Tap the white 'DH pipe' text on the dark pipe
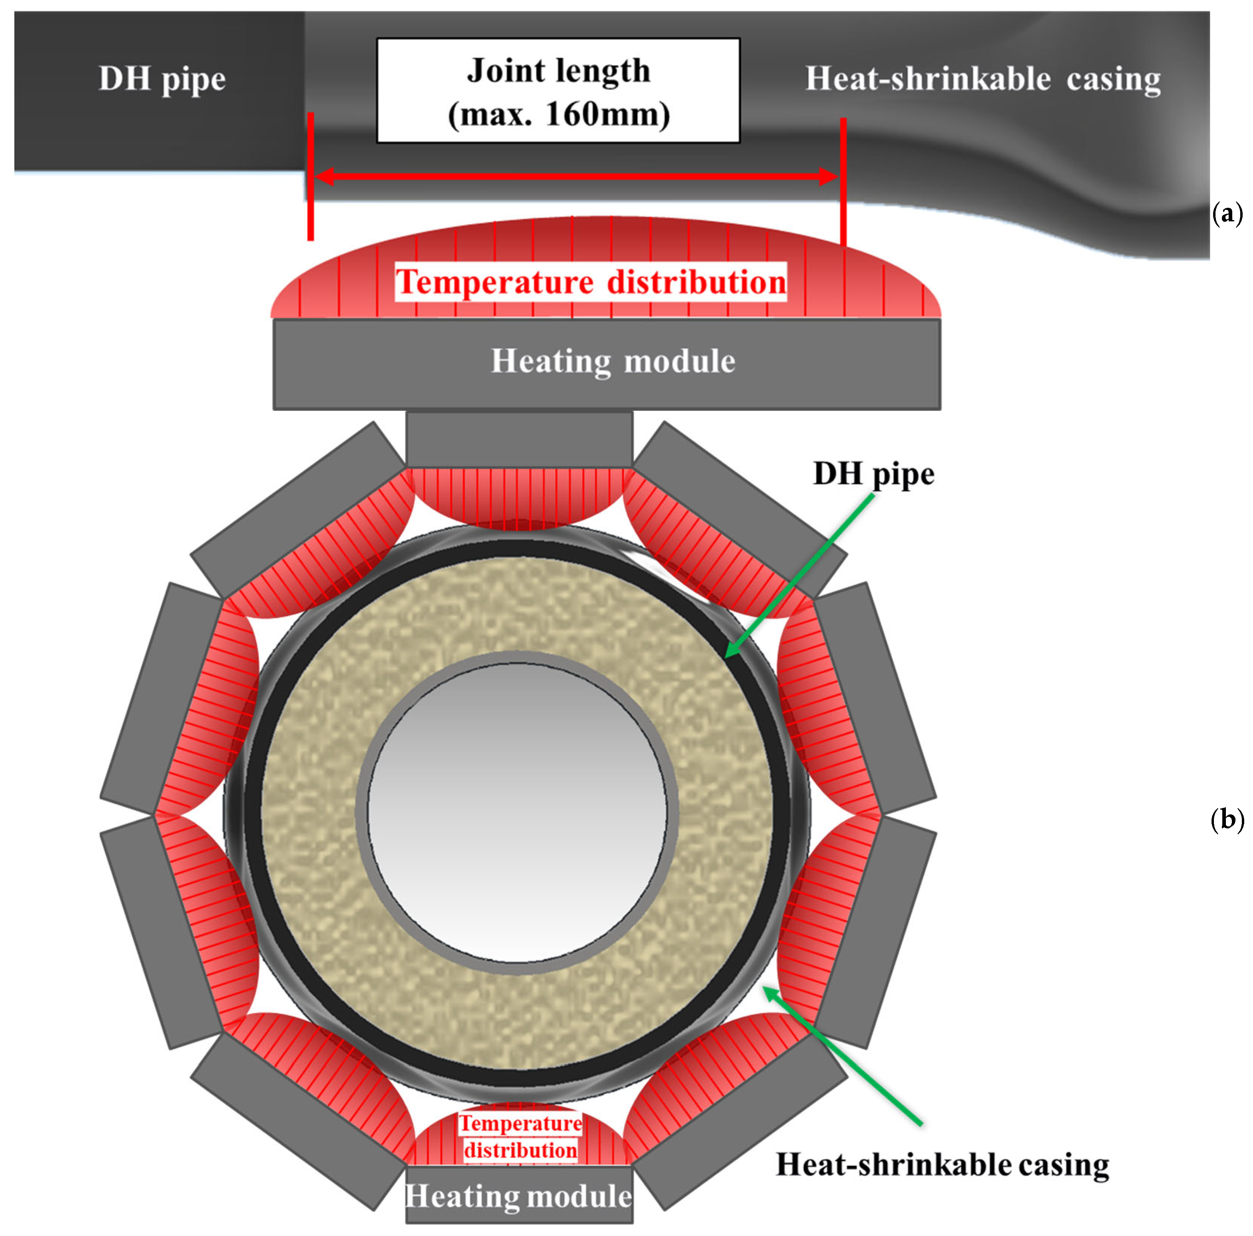tap(162, 79)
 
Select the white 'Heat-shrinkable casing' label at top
tap(983, 79)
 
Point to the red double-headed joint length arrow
tap(577, 176)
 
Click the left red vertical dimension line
tap(311, 176)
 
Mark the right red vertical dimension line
tap(843, 181)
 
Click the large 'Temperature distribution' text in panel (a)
tap(591, 282)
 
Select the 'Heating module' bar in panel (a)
tap(607, 363)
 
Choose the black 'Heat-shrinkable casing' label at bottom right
tap(942, 1164)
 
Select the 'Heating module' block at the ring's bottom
tap(519, 1197)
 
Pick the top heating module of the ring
tap(519, 439)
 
